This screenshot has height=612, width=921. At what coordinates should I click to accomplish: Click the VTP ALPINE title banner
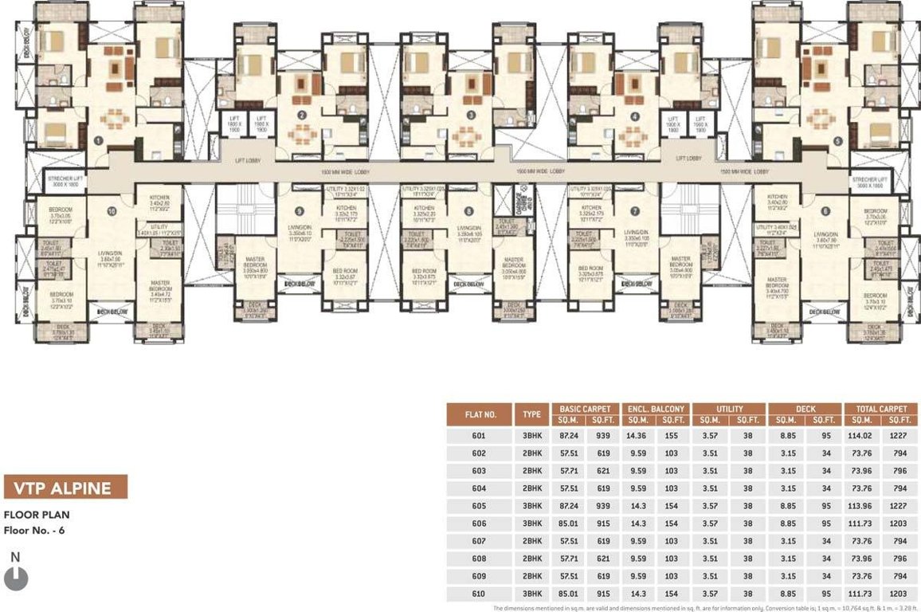tap(65, 488)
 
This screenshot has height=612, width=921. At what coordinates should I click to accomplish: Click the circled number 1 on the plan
tap(97, 139)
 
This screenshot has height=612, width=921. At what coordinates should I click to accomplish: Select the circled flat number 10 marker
tap(112, 210)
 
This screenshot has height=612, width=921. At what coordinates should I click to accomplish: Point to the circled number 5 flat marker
tap(837, 140)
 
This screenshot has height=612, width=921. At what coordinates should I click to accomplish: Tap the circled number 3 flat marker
tap(471, 116)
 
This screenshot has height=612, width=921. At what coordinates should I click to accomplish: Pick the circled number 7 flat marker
tap(635, 211)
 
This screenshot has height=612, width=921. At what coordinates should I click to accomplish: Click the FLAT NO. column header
tap(480, 414)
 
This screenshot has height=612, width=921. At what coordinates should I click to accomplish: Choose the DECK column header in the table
tap(805, 409)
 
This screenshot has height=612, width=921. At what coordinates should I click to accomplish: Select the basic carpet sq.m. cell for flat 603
tap(568, 471)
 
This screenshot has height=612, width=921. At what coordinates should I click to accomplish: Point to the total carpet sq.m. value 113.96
tap(863, 506)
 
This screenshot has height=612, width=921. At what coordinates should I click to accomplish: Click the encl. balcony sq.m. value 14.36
tap(636, 436)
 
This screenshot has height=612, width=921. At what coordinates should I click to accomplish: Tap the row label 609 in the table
tap(479, 576)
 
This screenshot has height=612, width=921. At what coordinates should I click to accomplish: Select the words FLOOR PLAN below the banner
tap(37, 515)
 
